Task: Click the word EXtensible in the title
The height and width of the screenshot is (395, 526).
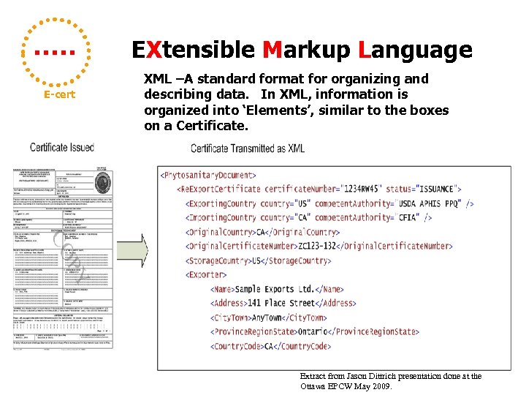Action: click(x=192, y=50)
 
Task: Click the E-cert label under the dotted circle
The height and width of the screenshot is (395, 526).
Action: click(x=59, y=95)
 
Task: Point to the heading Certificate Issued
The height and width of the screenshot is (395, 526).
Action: click(x=62, y=147)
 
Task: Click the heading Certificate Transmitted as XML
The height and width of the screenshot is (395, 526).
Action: click(x=248, y=148)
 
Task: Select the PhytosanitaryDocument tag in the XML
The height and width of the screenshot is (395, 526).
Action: click(x=208, y=176)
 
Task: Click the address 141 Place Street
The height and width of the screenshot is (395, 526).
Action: click(x=284, y=303)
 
